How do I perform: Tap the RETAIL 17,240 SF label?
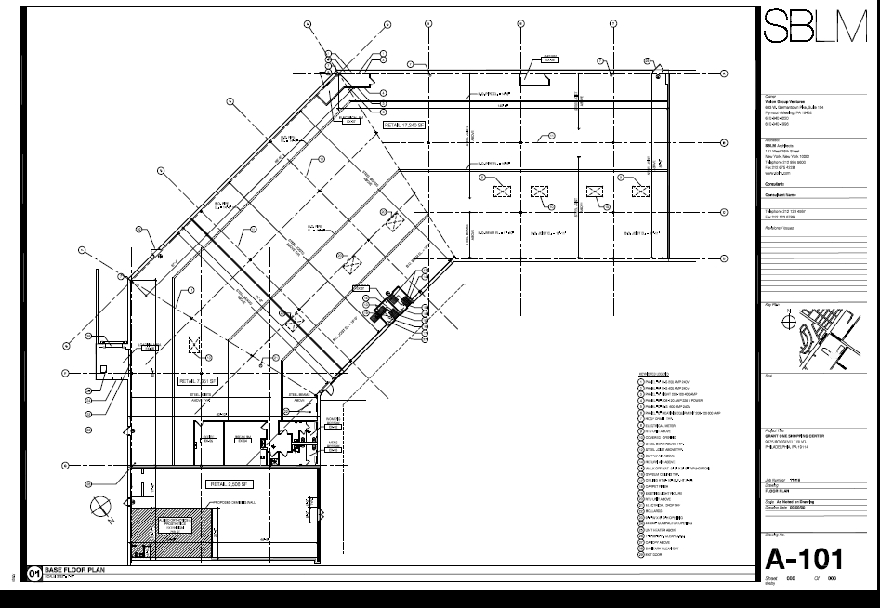403,123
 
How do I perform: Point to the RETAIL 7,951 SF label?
197,381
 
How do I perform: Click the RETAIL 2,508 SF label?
230,484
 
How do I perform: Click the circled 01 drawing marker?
35,575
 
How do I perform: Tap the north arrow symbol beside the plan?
100,508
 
